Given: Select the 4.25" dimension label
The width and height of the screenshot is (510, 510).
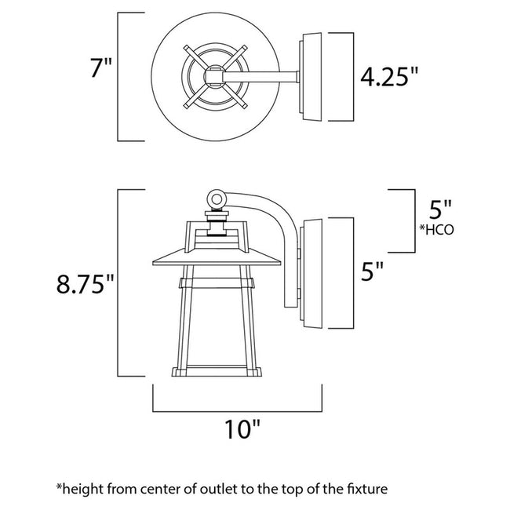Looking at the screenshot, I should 389,77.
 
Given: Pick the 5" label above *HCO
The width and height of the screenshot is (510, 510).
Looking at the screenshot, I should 441,209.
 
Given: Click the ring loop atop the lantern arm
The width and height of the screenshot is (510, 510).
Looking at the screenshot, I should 217,199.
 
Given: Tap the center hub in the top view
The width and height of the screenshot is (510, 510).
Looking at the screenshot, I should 214,76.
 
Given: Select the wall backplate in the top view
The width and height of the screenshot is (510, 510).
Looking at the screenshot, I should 311,76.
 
